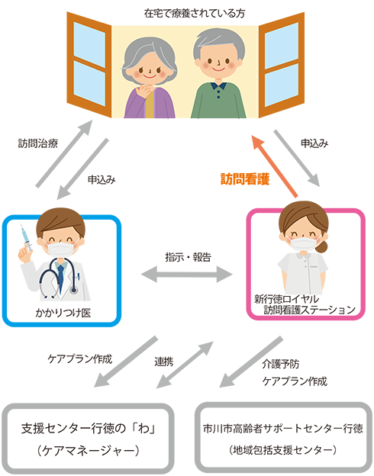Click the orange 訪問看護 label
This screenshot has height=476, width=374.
(x=245, y=178)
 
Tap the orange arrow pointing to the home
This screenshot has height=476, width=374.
(x=275, y=166)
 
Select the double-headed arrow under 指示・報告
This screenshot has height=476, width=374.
(x=187, y=275)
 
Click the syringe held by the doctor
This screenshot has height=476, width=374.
(x=26, y=238)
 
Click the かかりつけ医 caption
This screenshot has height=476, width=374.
(x=63, y=313)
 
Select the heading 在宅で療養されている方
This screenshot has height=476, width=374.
(x=195, y=14)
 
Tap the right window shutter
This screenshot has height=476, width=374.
(x=282, y=65)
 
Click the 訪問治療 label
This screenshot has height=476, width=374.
(x=38, y=143)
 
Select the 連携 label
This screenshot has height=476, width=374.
(x=164, y=362)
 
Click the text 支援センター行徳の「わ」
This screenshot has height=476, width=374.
(x=89, y=429)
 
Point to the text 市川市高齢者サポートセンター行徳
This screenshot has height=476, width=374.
(x=283, y=429)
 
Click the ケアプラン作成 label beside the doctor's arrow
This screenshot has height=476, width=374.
(x=80, y=359)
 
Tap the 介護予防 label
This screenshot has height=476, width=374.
(x=280, y=364)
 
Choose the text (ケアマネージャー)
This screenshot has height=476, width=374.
(x=89, y=450)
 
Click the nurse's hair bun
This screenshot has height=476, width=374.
(x=321, y=246)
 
